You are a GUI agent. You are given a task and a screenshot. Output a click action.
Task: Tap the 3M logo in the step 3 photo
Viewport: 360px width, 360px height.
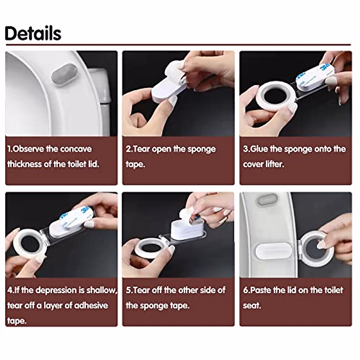click(326, 68)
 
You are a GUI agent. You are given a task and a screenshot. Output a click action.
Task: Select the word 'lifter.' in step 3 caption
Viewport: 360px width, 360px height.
click(275, 164)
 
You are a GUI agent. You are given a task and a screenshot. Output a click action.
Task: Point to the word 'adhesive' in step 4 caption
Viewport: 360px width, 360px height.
click(91, 305)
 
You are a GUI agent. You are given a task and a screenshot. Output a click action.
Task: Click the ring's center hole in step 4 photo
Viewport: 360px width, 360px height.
click(29, 243)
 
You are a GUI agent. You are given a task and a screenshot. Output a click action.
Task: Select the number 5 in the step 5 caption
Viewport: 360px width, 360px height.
click(128, 290)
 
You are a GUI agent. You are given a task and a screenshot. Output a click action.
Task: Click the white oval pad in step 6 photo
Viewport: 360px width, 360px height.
click(273, 251)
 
